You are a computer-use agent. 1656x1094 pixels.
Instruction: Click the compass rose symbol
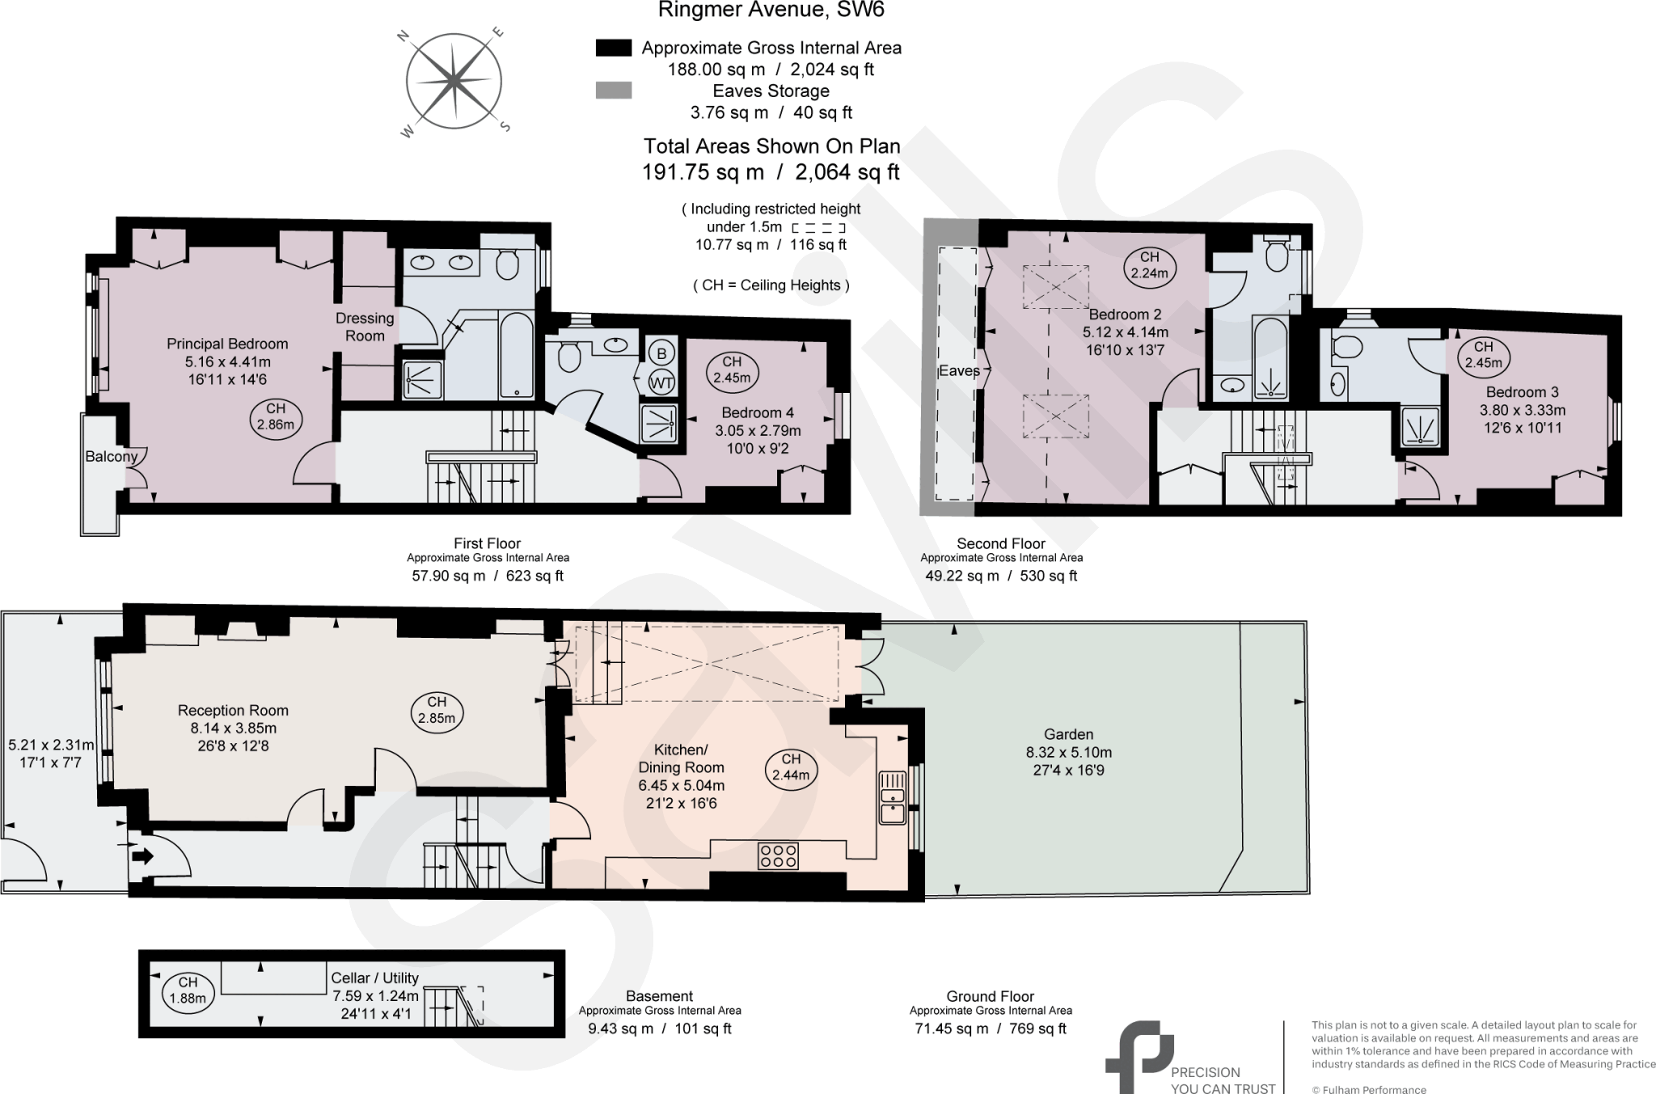(x=454, y=81)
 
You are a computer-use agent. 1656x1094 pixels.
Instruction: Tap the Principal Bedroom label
(x=227, y=344)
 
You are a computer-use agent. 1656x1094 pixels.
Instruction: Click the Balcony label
(x=111, y=456)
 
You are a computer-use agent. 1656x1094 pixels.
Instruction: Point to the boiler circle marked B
(x=661, y=353)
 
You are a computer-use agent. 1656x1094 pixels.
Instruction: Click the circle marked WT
(x=661, y=382)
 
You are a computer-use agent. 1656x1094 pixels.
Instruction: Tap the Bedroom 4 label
(x=757, y=413)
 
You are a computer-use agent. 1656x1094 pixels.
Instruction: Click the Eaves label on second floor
(x=958, y=371)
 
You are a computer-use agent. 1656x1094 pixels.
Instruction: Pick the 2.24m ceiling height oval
(x=1149, y=265)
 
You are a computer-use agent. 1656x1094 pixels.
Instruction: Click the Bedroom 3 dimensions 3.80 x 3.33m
(x=1522, y=410)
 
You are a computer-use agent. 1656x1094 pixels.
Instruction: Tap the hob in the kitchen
(x=778, y=855)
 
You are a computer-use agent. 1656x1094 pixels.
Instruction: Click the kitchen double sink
(x=892, y=798)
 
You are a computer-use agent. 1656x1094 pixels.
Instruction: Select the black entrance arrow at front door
(x=142, y=855)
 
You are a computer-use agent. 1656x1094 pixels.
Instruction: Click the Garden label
(x=1068, y=734)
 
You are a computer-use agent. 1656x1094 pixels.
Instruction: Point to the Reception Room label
(x=233, y=711)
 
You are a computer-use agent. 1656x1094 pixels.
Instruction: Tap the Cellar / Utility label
(x=374, y=978)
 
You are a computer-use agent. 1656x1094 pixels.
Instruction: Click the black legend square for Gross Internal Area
(x=613, y=48)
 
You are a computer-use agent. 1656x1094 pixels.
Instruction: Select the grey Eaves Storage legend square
(x=613, y=91)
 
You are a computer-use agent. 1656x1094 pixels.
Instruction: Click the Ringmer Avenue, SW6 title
(x=771, y=11)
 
